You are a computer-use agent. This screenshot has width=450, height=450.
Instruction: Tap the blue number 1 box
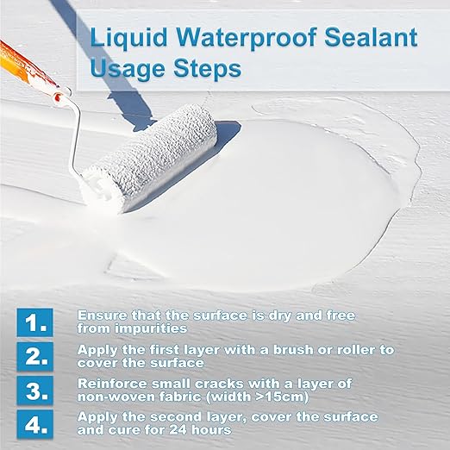[x=36, y=322]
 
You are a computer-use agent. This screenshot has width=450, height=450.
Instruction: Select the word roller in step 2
[x=325, y=349]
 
